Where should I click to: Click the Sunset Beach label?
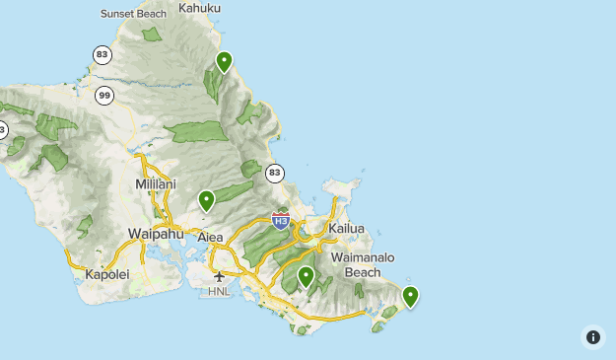(134, 14)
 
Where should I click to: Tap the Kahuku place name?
(201, 8)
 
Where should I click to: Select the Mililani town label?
(155, 184)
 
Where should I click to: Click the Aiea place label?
(211, 238)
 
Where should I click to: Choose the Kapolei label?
(107, 274)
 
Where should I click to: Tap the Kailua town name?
(346, 229)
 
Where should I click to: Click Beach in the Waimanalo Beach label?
(363, 272)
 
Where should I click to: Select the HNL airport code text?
(219, 293)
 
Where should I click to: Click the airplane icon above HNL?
(219, 277)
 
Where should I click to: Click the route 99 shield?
(104, 96)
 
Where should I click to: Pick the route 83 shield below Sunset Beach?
(102, 54)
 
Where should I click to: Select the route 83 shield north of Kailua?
(274, 174)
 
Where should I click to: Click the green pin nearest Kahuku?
(224, 61)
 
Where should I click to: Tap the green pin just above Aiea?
(207, 200)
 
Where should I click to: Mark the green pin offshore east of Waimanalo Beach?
(410, 295)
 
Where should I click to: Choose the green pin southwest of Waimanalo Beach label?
(306, 276)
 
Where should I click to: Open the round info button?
(593, 337)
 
